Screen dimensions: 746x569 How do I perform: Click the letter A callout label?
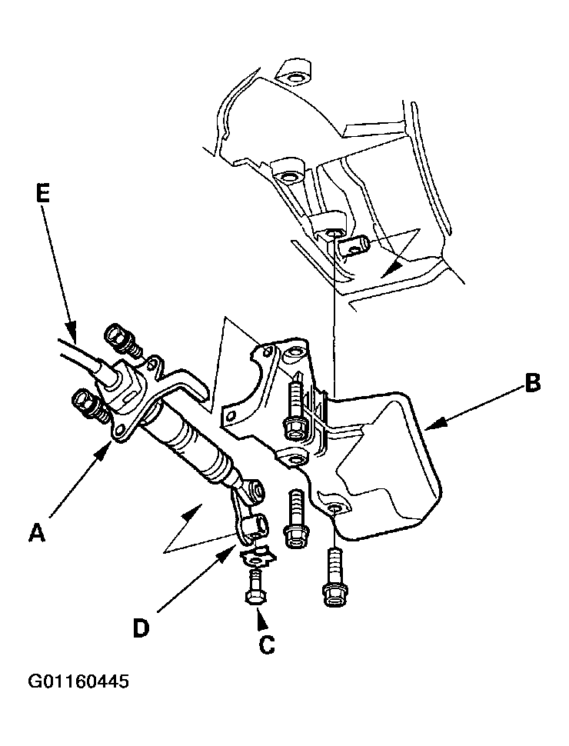(x=36, y=531)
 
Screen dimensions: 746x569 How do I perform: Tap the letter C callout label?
(x=266, y=644)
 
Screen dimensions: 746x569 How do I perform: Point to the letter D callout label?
(x=141, y=628)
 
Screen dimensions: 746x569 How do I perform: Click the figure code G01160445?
(x=78, y=682)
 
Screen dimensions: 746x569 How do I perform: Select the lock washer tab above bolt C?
(x=256, y=555)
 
